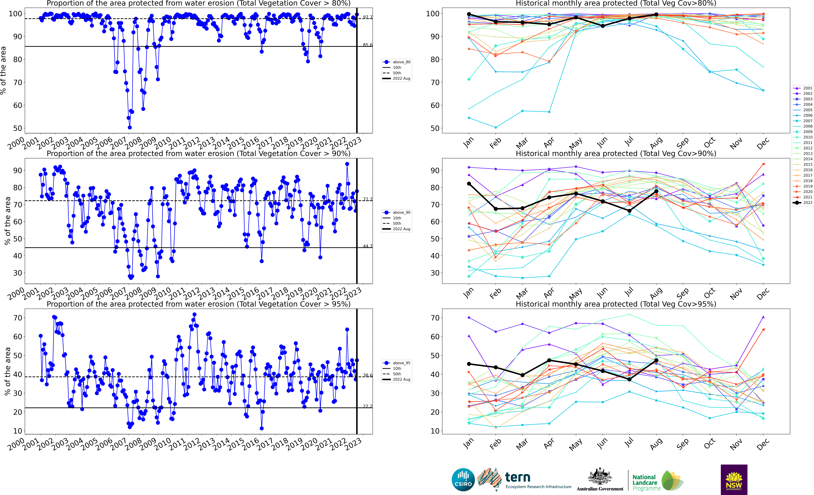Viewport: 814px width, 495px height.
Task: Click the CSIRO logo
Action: (463, 479)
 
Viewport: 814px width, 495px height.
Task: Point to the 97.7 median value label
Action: (367, 17)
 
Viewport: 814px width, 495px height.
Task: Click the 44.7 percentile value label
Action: (367, 246)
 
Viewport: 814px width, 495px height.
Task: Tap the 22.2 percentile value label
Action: (367, 406)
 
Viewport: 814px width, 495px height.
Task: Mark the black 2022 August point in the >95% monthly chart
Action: (656, 360)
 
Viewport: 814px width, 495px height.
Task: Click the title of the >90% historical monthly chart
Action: (616, 154)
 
